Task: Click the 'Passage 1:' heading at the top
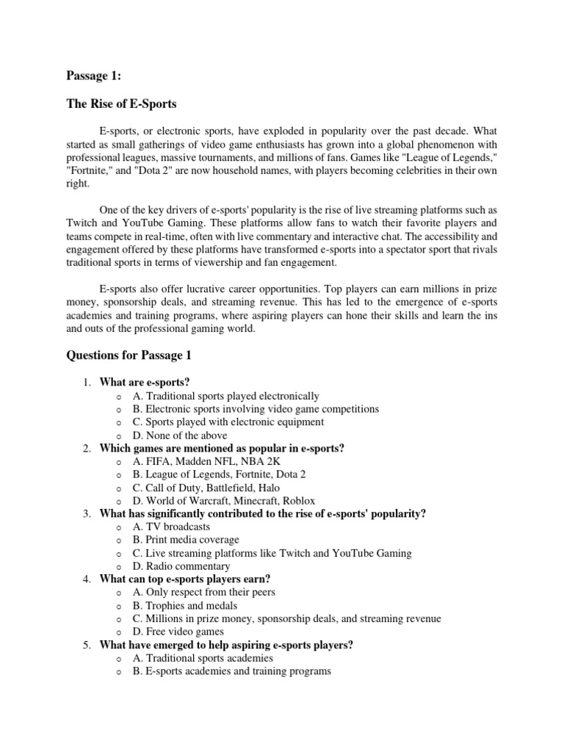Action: click(x=93, y=75)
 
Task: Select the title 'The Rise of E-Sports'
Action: click(x=122, y=104)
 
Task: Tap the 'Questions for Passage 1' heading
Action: click(x=129, y=355)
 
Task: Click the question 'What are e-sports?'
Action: click(x=140, y=383)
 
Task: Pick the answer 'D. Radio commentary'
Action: click(x=181, y=566)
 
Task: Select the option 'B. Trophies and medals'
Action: click(x=184, y=605)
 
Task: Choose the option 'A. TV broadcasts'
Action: click(x=171, y=527)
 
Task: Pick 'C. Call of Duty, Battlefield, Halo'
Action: click(x=206, y=488)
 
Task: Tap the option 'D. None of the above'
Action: click(x=180, y=435)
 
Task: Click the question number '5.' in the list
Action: click(x=86, y=645)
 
